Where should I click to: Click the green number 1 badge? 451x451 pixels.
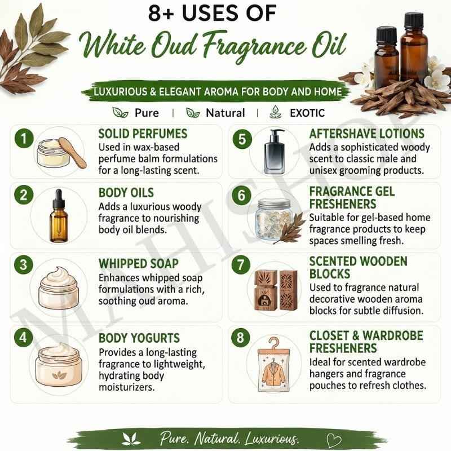click(24, 138)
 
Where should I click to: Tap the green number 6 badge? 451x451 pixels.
click(241, 195)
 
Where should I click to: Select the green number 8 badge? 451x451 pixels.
click(241, 337)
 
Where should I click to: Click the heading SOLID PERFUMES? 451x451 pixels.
click(143, 134)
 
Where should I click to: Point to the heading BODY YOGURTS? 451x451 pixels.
click(139, 338)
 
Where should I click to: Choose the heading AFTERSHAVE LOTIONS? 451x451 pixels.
click(367, 134)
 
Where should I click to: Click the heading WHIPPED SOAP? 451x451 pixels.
click(138, 263)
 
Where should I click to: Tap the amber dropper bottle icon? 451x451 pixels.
click(59, 215)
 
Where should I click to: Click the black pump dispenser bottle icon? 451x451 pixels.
click(275, 152)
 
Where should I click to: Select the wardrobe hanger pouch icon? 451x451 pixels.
click(273, 365)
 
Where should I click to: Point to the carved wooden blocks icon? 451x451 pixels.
click(276, 290)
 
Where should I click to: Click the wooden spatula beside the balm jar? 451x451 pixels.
click(72, 152)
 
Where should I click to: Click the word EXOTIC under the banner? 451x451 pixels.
click(307, 113)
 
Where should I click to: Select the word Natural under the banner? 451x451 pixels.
click(225, 113)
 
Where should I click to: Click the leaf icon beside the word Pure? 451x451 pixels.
click(120, 112)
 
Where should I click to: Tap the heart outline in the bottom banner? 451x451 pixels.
click(334, 440)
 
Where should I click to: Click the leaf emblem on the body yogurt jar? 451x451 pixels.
click(59, 375)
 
